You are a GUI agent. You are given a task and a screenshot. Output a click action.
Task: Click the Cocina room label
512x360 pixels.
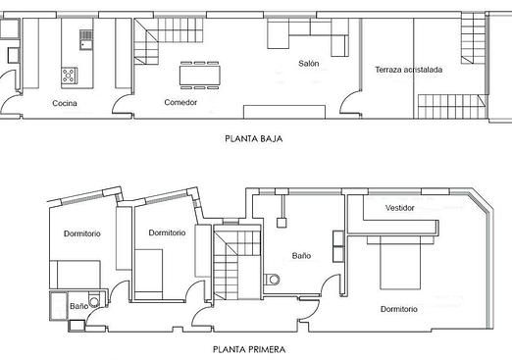(x=65, y=103)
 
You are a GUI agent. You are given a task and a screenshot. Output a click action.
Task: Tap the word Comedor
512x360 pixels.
(x=180, y=102)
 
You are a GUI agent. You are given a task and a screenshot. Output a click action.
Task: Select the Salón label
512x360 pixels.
(x=309, y=64)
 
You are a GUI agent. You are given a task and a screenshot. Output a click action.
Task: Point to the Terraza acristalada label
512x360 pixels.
(x=409, y=70)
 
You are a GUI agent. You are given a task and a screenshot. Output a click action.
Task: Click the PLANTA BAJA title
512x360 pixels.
(x=254, y=138)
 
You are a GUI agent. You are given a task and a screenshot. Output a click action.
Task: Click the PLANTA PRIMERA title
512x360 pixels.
(x=249, y=349)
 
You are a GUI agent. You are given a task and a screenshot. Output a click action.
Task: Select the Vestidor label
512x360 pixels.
(x=400, y=208)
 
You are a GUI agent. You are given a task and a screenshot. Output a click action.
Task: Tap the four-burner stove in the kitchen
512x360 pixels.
(x=70, y=76)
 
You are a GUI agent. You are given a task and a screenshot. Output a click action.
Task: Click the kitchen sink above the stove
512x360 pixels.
(x=86, y=39)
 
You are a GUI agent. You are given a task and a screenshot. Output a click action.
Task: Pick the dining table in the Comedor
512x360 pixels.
(x=199, y=76)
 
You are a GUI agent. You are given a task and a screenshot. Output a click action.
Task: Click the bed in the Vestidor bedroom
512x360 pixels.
(x=400, y=263)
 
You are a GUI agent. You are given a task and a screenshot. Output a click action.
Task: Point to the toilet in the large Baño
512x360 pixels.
(x=272, y=280)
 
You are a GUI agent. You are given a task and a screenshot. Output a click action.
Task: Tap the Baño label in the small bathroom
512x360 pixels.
(x=78, y=306)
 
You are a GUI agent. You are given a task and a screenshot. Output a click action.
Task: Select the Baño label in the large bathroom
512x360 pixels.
(x=301, y=256)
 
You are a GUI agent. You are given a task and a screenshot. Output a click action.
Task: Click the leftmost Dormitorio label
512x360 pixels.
(x=82, y=233)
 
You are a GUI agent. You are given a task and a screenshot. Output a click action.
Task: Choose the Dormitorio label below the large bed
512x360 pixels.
(x=399, y=309)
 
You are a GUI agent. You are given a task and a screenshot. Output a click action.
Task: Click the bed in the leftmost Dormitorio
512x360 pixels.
(x=75, y=275)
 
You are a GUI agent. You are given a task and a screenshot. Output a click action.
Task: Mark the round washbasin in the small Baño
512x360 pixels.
(x=94, y=301)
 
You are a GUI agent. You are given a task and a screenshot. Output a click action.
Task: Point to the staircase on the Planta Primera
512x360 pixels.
(x=237, y=264)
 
